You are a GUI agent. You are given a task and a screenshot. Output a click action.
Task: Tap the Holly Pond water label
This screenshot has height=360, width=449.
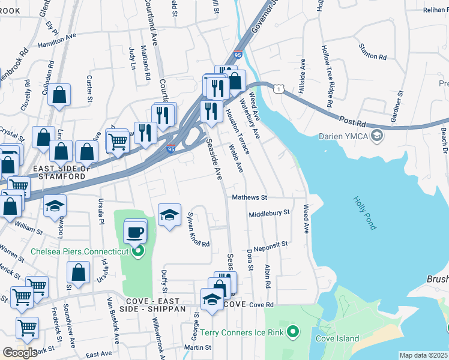[x=365, y=214]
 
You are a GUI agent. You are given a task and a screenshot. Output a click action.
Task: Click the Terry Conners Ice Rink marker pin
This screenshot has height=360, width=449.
[x=292, y=331]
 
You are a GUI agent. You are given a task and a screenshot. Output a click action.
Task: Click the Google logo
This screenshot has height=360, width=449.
[x=20, y=352]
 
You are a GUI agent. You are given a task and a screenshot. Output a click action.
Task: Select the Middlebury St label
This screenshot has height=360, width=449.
[x=269, y=213]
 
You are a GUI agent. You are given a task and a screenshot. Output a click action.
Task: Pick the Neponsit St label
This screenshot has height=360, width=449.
[x=271, y=245]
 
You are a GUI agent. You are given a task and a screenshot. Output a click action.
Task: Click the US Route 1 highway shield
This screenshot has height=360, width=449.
[x=279, y=89]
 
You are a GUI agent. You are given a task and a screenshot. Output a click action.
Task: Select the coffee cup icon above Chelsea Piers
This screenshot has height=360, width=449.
[x=135, y=232]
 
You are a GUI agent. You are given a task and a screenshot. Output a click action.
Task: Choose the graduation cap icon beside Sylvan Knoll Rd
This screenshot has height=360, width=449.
[x=169, y=215]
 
